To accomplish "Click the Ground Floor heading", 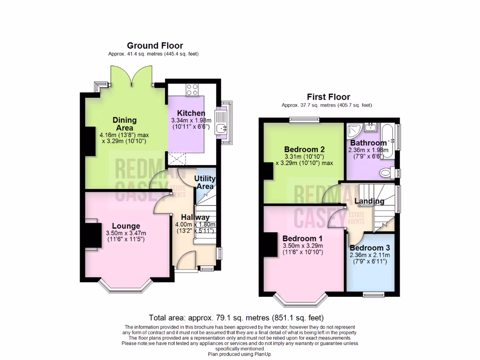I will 155,45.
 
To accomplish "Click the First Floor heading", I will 328,97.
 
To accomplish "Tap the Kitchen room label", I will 191,113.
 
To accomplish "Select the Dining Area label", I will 124,124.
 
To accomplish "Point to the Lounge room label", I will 126,226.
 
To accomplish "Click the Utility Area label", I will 205,182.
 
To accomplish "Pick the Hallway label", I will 195,217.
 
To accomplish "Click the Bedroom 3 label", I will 369,247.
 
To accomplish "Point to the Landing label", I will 369,201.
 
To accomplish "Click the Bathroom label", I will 368,142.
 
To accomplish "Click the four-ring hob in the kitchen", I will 192,89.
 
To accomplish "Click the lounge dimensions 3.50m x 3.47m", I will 126,233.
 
